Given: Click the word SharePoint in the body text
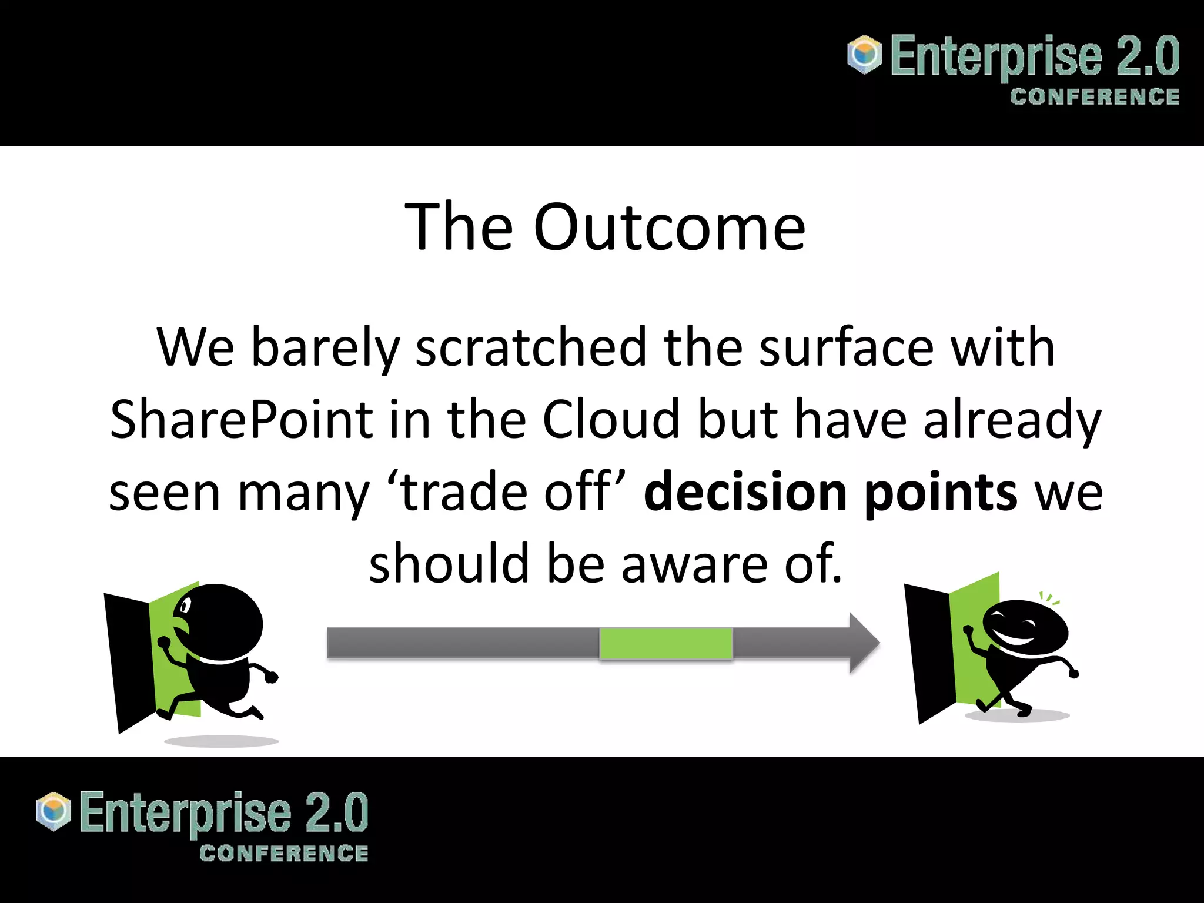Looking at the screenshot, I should click(241, 420).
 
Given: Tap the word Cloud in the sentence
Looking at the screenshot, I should click(611, 420).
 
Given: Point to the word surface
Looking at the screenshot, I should click(847, 348).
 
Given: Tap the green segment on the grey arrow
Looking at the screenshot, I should click(666, 643).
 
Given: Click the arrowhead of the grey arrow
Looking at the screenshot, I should click(863, 643).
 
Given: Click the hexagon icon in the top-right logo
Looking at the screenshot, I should click(864, 55).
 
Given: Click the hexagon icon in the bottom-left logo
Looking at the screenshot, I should click(53, 811).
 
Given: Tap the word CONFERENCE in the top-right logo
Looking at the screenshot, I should click(1095, 97).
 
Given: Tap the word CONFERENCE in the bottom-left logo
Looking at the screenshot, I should click(283, 854).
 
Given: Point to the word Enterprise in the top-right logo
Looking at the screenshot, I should click(996, 57).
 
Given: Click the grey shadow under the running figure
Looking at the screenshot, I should click(221, 741).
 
